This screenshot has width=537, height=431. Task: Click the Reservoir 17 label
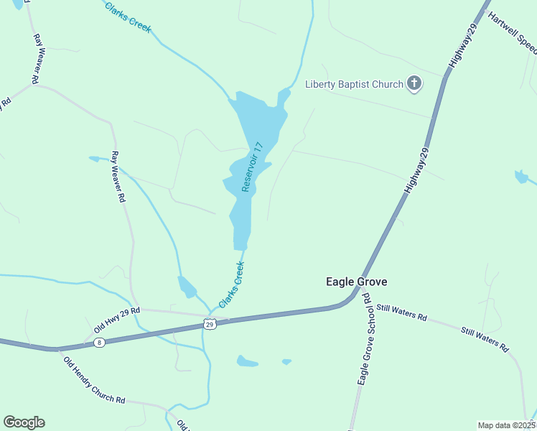pos(253,167)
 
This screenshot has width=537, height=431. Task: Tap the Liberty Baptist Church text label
pos(355,84)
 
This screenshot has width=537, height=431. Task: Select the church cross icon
pos(414,84)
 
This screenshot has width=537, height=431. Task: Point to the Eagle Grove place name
pos(356,282)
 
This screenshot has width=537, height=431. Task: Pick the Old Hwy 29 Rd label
pos(116,320)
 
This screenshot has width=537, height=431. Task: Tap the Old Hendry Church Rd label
pos(94,380)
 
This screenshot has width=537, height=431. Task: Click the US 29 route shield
pos(210,324)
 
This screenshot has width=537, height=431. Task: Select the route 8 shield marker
pos(99,343)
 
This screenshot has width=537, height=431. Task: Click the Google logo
pos(24,422)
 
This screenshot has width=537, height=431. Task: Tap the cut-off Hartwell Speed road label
pos(513,33)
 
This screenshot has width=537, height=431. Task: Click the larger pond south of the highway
pos(247,361)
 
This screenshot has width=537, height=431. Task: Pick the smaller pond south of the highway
pos(287,361)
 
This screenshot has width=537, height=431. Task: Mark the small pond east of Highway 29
pos(521,177)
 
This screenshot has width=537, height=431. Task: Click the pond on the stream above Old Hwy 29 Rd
pos(186,287)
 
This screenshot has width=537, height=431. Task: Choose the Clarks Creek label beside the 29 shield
pos(233,284)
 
